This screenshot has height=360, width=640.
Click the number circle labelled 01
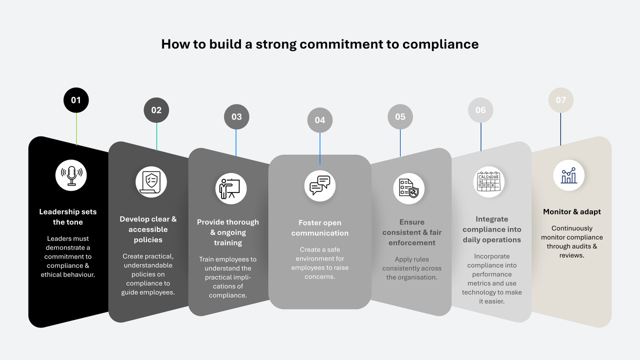tap(76, 100)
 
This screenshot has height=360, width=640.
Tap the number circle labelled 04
tap(320, 120)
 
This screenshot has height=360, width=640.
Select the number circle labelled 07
tap(561, 100)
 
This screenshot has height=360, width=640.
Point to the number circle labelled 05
tap(400, 116)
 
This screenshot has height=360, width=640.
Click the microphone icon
tap(71, 175)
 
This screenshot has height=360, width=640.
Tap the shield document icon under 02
tap(151, 182)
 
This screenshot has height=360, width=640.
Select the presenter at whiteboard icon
tap(230, 188)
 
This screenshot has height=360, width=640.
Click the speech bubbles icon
tap(320, 185)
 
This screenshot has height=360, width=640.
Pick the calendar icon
tap(488, 182)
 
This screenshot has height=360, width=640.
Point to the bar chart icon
tap(569, 175)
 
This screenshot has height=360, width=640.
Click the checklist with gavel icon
tap(409, 188)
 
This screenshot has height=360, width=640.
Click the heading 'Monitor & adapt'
tap(571, 212)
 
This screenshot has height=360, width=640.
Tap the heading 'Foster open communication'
tap(320, 228)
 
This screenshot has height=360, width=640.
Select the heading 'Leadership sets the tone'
tap(68, 217)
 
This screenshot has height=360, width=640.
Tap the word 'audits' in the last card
tap(581, 246)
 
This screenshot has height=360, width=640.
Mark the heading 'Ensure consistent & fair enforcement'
tap(412, 232)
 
